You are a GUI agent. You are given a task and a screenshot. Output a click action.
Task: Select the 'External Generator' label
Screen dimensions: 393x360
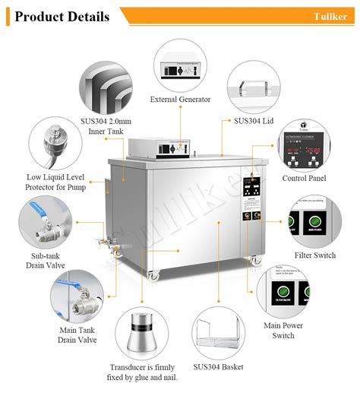coord(180,100)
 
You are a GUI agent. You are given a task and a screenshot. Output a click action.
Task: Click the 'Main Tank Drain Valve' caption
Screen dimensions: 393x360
coord(77,335)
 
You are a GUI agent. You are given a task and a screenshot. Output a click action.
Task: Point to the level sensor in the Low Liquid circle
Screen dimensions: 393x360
coord(54,142)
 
